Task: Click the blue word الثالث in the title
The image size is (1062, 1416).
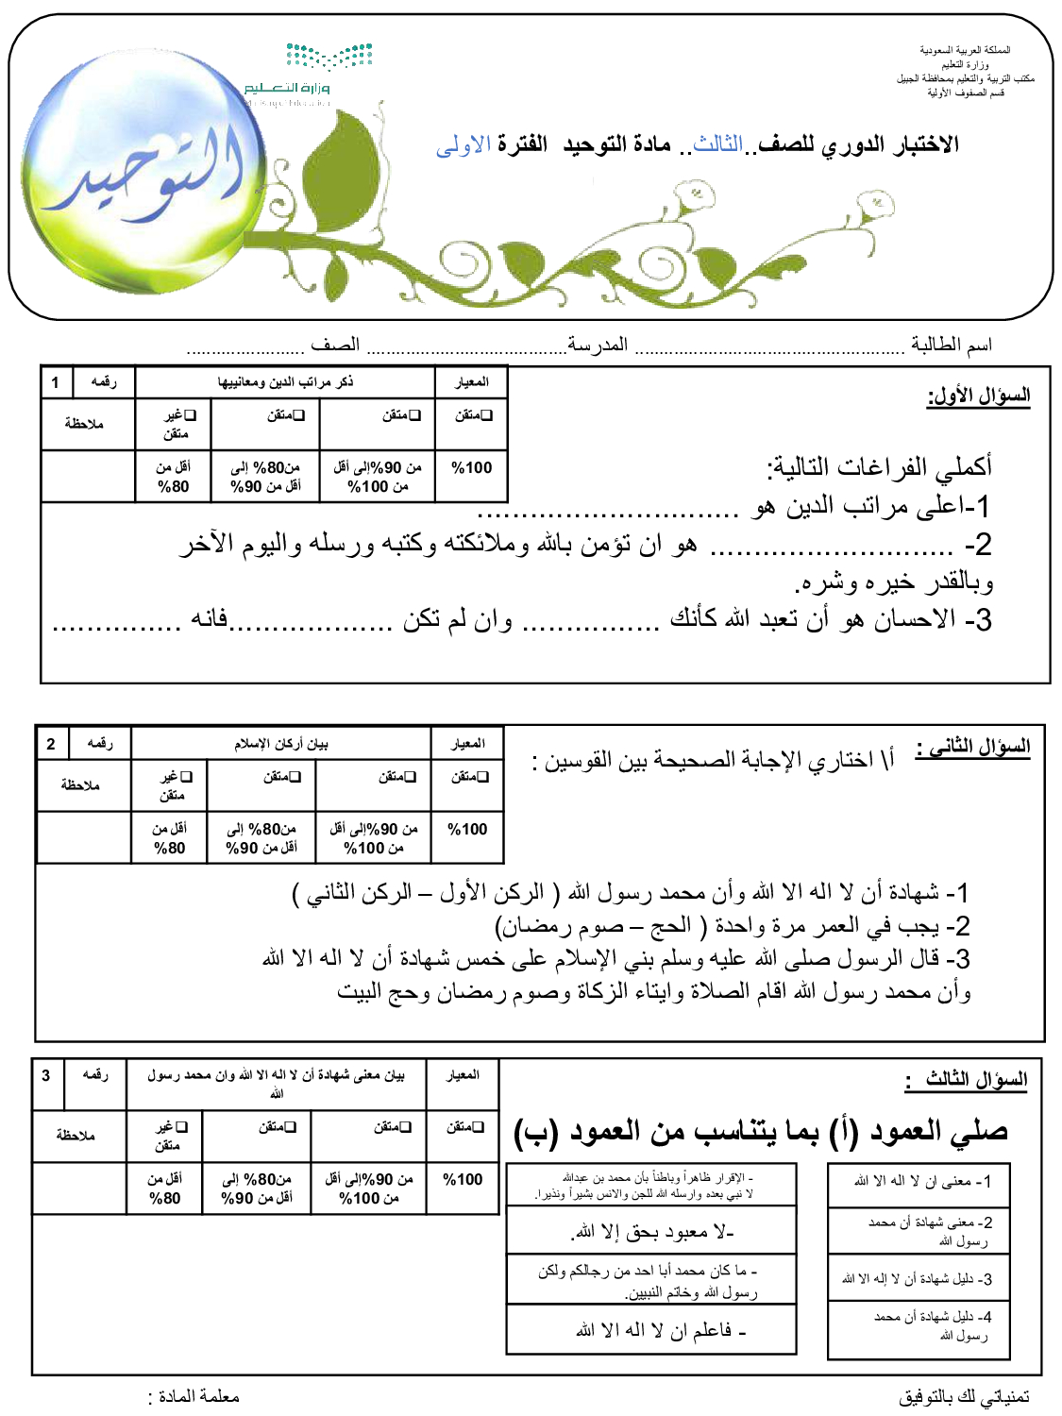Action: click(x=718, y=144)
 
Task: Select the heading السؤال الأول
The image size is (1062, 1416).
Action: click(x=979, y=396)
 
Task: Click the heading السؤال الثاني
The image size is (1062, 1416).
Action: click(x=973, y=748)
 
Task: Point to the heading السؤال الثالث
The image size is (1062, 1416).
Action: click(x=968, y=1079)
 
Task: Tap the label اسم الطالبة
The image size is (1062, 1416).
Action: click(x=952, y=345)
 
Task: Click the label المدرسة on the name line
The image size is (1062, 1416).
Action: click(x=598, y=345)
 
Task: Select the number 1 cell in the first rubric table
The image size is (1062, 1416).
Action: click(x=56, y=382)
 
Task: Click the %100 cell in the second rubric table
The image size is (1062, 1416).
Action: click(x=467, y=829)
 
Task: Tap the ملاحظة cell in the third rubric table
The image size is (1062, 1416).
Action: click(x=76, y=1135)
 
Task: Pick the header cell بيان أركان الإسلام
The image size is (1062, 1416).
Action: click(x=281, y=744)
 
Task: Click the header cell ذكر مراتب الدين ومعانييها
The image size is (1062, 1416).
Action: click(x=285, y=382)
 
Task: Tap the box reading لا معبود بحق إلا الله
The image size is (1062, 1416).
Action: click(x=652, y=1232)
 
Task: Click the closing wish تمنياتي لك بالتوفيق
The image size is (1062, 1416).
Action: click(x=964, y=1396)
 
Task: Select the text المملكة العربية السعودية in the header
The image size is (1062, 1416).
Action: click(x=965, y=50)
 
